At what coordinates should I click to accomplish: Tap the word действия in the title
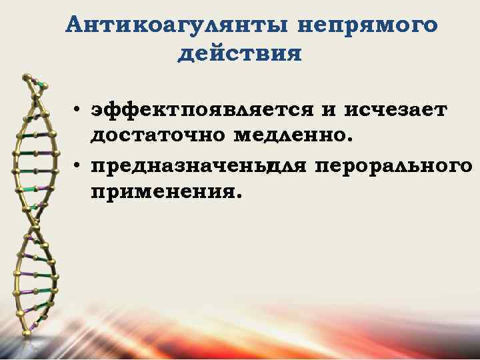pos(239,53)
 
